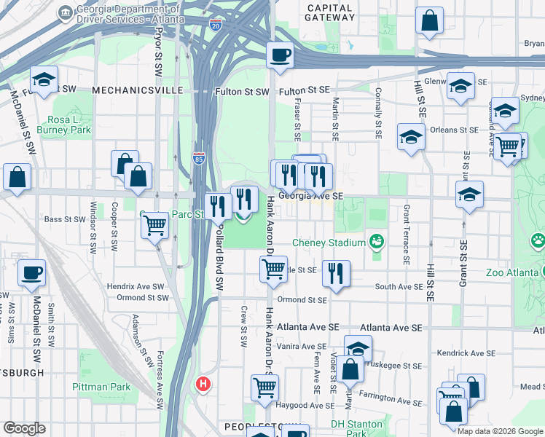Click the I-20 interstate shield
pyautogui.click(x=215, y=24)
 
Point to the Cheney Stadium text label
pyautogui.click(x=328, y=243)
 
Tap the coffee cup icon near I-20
pyautogui.click(x=280, y=55)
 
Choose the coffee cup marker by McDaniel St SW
pyautogui.click(x=31, y=272)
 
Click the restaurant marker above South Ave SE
pyautogui.click(x=336, y=273)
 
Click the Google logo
pyautogui.click(x=24, y=428)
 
